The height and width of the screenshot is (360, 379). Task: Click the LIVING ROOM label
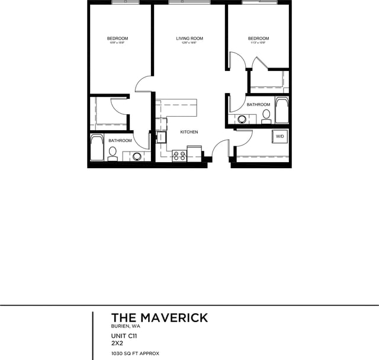(x=189, y=38)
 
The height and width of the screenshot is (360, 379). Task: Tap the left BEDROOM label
(x=117, y=38)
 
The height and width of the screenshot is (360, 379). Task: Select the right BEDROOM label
(x=258, y=38)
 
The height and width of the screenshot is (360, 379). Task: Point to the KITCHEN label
(x=189, y=132)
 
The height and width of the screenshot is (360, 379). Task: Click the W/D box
(x=279, y=136)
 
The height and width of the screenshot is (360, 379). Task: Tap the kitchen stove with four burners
(x=179, y=156)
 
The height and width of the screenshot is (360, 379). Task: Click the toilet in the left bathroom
(x=112, y=153)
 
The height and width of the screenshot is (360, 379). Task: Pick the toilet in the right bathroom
(x=266, y=115)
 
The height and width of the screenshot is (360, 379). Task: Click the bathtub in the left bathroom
(x=97, y=148)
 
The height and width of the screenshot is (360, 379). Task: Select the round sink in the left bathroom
(x=137, y=156)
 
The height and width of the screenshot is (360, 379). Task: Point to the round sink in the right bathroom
(x=242, y=119)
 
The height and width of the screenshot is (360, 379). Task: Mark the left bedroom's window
(x=126, y=2)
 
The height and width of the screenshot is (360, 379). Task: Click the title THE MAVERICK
(x=159, y=318)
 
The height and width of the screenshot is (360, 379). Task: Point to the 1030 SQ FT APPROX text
(x=135, y=353)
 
